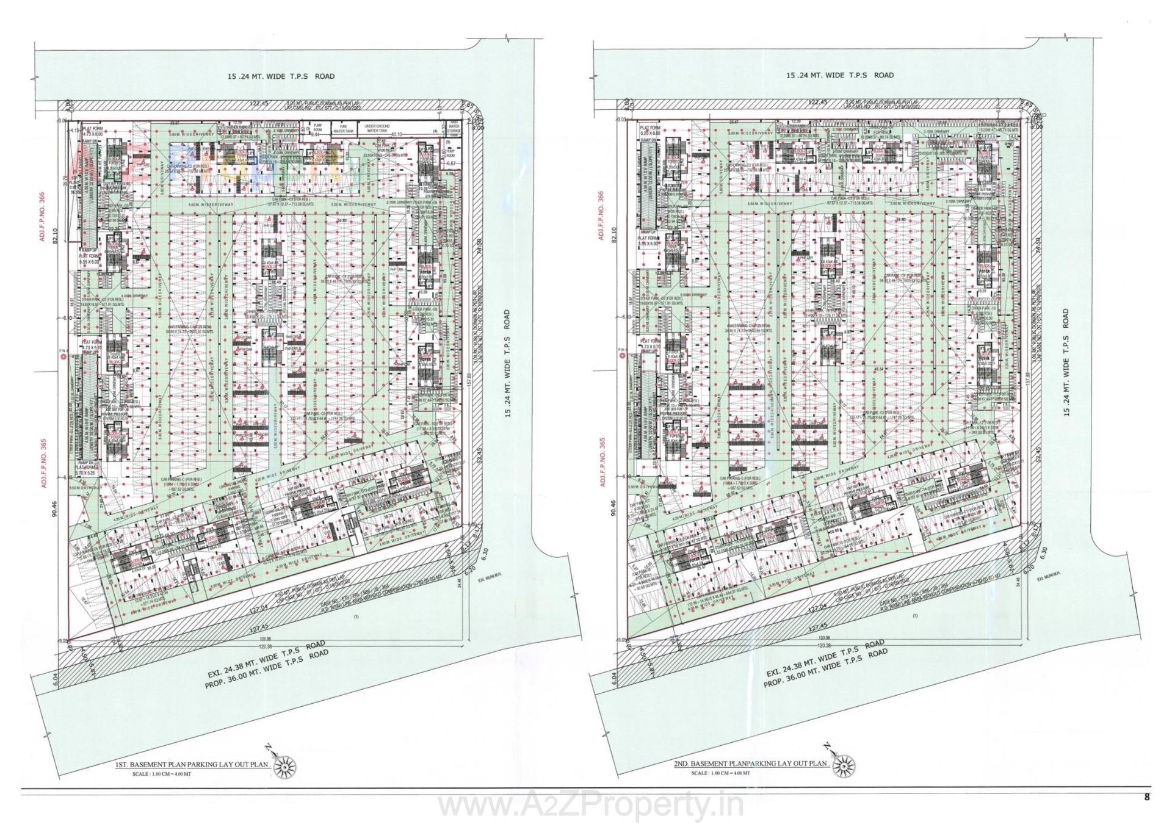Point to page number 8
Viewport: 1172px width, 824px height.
[x=1147, y=797]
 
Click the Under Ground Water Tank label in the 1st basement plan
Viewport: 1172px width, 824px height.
[x=377, y=129]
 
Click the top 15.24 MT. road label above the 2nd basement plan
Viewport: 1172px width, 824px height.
[x=840, y=75]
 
